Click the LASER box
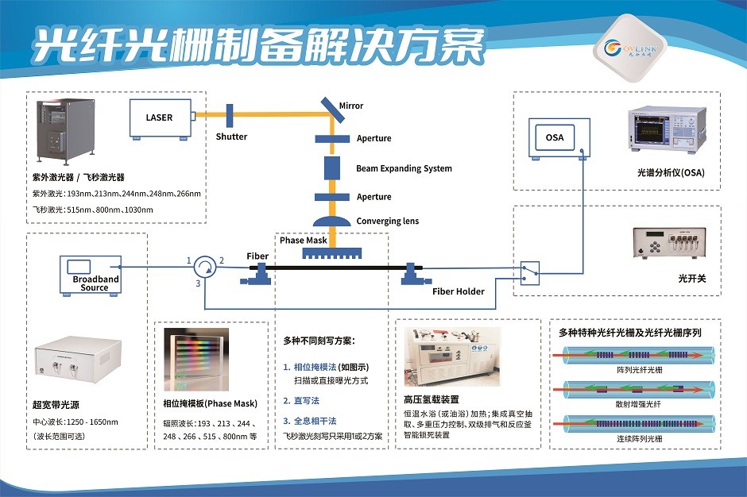pos(159,118)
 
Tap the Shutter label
pos(231,137)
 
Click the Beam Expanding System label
pos(404,168)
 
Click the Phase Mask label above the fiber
pos(304,240)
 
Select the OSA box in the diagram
pos(555,137)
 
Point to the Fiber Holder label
pos(459,291)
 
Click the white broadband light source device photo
pos(78,365)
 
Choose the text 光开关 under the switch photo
pos(687,279)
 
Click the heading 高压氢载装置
pos(432,399)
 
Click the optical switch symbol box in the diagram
pos(530,273)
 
